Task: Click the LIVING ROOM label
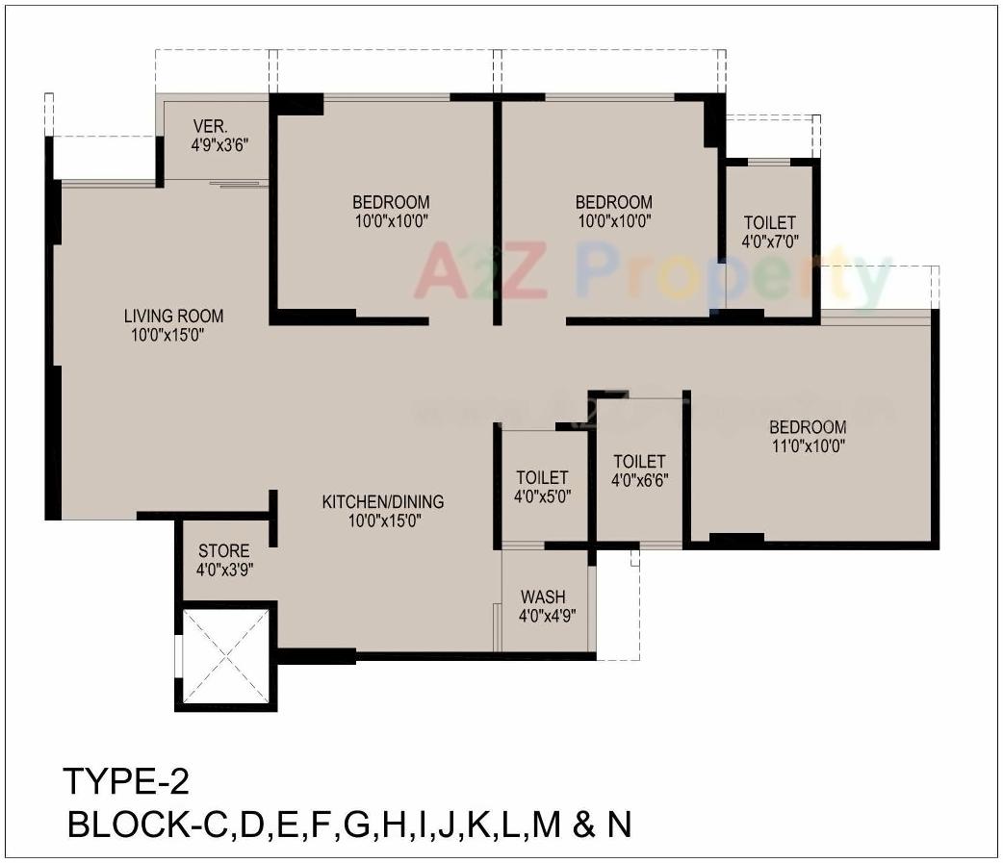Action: [x=173, y=316]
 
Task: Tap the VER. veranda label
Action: [x=210, y=126]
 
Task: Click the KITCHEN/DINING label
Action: [x=382, y=501]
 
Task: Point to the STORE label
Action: [x=223, y=551]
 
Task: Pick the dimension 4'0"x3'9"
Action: [x=223, y=570]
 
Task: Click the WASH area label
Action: [x=543, y=596]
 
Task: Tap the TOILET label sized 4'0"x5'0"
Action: [x=542, y=478]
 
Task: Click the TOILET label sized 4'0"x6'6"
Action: [x=639, y=462]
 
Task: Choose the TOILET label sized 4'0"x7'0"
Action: [x=769, y=223]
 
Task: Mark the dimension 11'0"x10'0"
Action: [x=807, y=445]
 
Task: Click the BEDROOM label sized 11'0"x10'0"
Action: [x=807, y=427]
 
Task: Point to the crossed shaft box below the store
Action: [x=225, y=656]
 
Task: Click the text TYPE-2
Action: [x=125, y=780]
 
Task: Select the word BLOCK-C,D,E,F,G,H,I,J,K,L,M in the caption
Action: [x=319, y=825]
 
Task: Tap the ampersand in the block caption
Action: [x=583, y=825]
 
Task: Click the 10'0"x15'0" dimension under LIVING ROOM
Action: [x=168, y=335]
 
